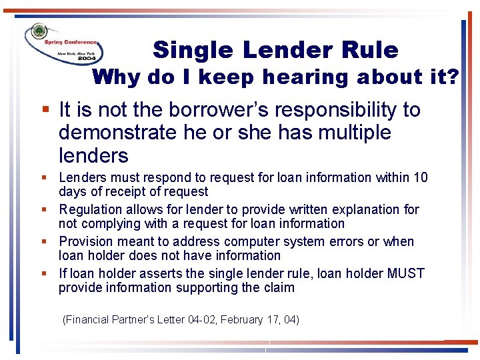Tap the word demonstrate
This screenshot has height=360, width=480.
click(117, 133)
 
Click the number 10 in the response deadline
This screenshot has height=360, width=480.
click(421, 178)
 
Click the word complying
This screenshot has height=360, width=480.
click(107, 223)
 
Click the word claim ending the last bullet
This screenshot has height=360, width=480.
click(279, 287)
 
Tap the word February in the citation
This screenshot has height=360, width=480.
click(244, 320)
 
